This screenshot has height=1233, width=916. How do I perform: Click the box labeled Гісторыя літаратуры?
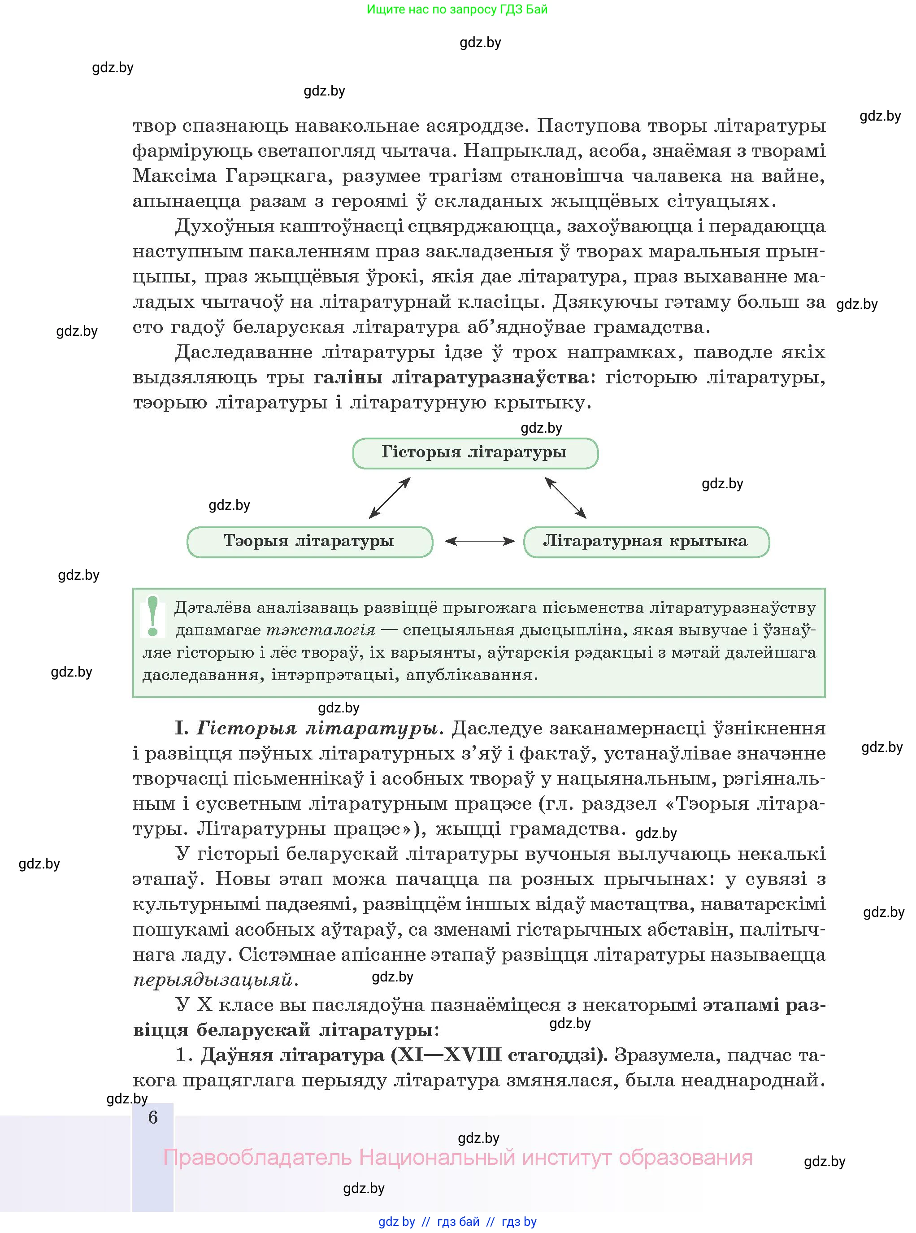(475, 453)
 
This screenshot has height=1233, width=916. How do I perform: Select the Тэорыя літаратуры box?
(309, 542)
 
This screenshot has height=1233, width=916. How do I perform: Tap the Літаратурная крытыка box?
(646, 542)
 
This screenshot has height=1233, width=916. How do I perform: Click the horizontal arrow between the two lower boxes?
(480, 541)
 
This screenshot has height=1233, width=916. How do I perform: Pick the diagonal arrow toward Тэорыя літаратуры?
(389, 498)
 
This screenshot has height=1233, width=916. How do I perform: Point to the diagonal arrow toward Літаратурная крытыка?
(565, 498)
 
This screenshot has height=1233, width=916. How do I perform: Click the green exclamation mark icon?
(153, 616)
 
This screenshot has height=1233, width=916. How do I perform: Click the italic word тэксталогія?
(321, 630)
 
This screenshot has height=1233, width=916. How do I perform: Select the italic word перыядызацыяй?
(213, 980)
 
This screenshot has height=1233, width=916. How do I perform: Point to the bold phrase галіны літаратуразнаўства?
(451, 378)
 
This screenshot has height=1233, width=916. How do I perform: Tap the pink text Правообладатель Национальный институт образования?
(457, 1158)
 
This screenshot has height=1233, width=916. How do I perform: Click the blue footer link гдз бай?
(458, 1222)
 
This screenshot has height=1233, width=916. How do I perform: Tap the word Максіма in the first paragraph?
(174, 176)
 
